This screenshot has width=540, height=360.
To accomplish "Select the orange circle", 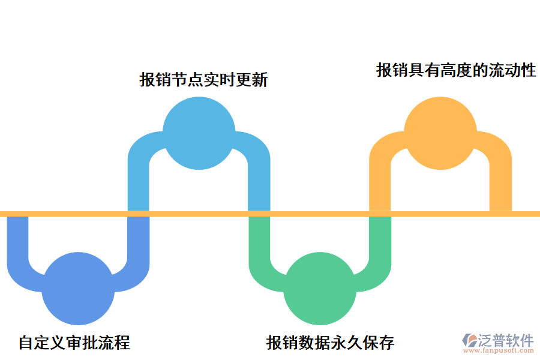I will tap(439, 131).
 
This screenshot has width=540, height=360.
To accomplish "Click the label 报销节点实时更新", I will tap(203, 80).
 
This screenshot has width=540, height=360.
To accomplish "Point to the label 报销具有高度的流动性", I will tap(456, 71).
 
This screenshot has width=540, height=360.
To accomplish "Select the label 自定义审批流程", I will tap(74, 343).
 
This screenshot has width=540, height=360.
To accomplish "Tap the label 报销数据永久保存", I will tap(331, 343).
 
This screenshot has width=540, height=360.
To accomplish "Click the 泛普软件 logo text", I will tap(506, 341).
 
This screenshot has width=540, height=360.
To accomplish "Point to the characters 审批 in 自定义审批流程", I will tap(82, 343).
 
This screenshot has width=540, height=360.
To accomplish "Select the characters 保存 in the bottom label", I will tap(379, 343).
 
